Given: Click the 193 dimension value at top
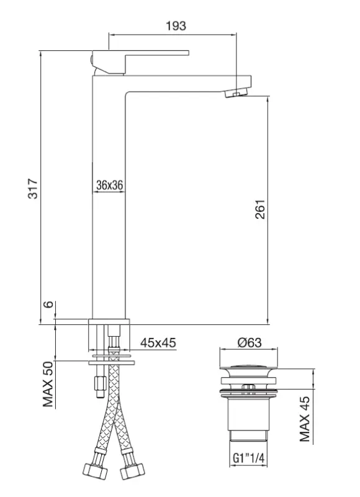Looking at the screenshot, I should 176,25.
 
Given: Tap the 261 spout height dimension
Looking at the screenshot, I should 260,209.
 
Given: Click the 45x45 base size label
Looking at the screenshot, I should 157,342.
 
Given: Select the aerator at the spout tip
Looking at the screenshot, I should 235,94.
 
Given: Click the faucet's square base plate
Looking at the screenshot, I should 110,322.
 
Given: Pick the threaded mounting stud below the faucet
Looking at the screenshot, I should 98,384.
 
